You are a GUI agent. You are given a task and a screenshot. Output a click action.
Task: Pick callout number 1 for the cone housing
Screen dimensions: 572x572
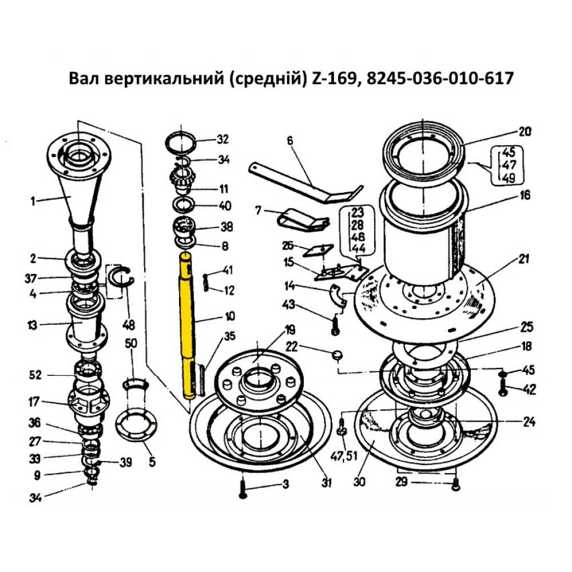(33, 200)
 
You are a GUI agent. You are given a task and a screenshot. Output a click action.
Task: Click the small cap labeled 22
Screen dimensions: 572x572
(336, 355)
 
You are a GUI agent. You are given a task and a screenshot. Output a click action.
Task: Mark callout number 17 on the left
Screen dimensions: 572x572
(34, 402)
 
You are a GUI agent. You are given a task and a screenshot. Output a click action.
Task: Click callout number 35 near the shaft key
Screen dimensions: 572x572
(229, 336)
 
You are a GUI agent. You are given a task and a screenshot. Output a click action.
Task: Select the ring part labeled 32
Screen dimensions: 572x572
(182, 141)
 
